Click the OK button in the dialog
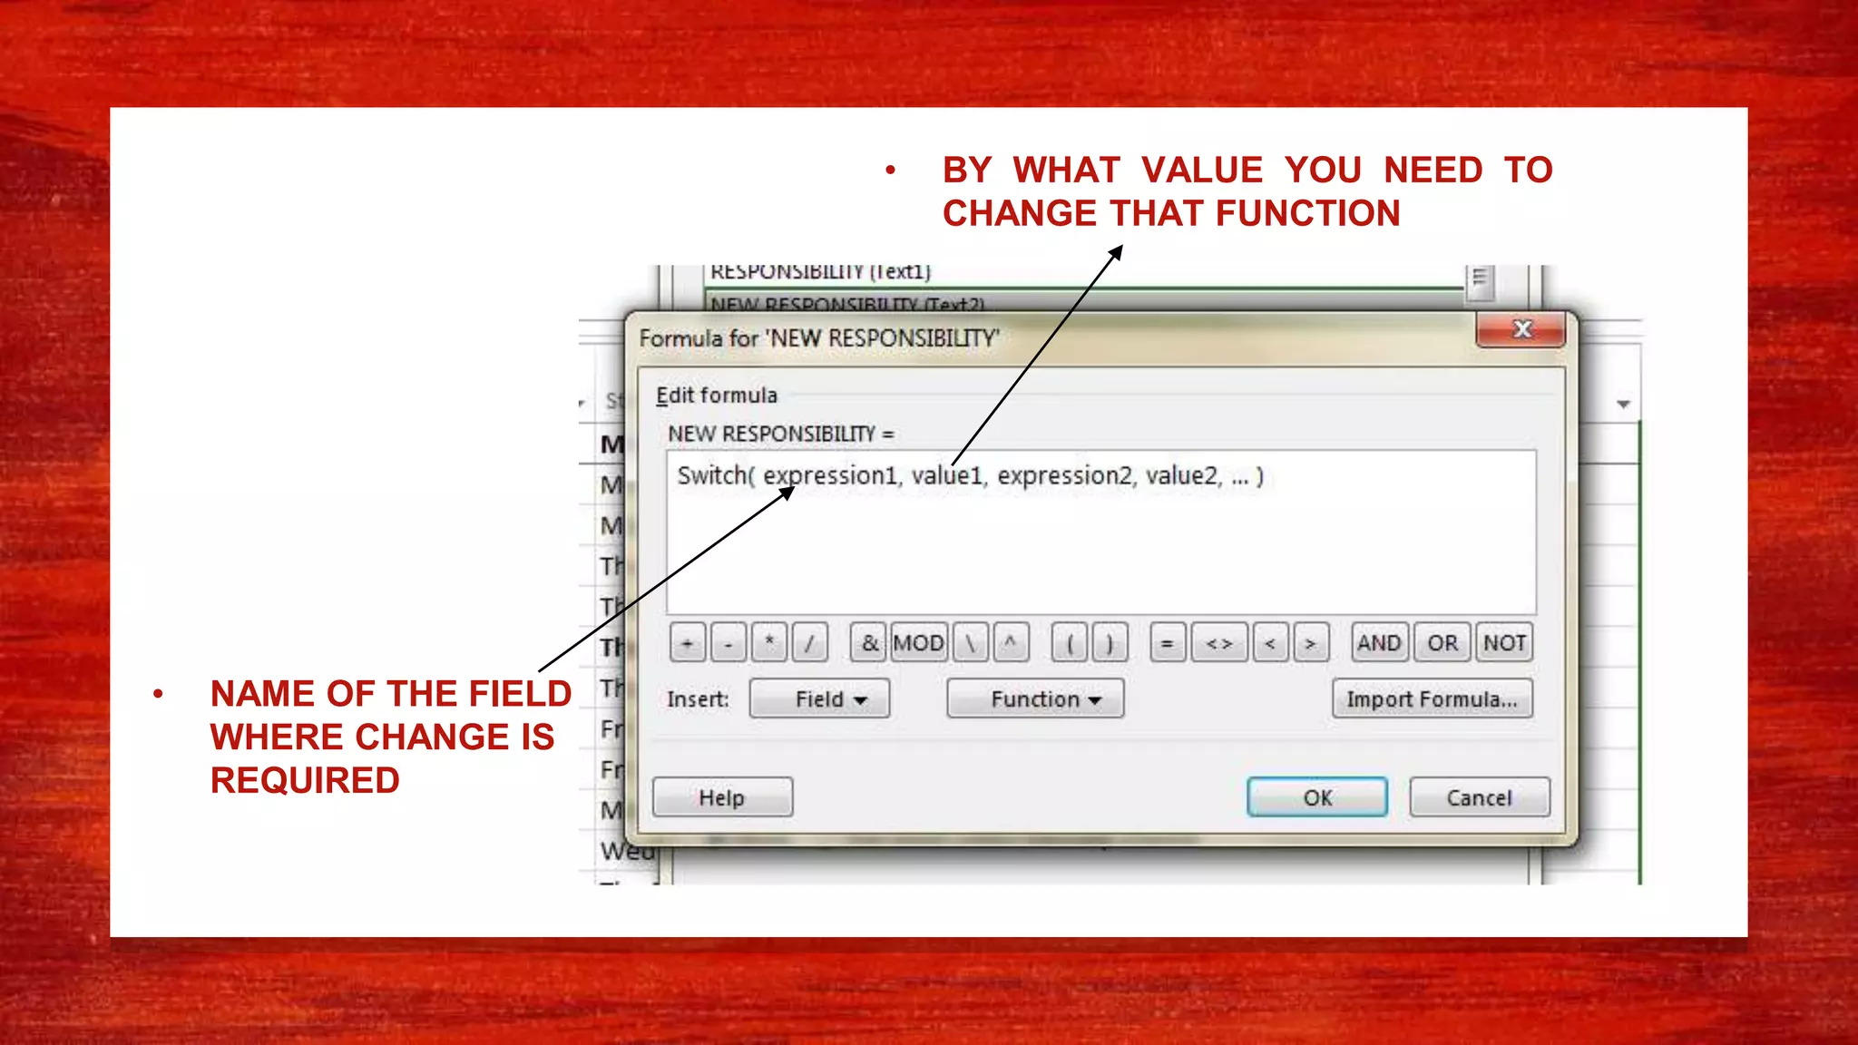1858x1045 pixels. coord(1316,797)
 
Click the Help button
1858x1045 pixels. coord(722,797)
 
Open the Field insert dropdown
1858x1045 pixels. coord(819,698)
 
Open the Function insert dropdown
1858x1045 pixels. coord(1035,698)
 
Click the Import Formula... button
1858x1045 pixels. coord(1432,698)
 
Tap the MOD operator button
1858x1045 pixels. coord(918,643)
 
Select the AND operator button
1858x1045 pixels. coord(1379,643)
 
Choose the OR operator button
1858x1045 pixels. coord(1442,643)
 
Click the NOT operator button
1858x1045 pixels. coord(1503,643)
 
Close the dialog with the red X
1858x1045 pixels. coord(1521,329)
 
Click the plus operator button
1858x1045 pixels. coord(688,643)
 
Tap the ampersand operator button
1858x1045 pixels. coord(869,643)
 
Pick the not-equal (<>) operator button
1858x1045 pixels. coord(1218,643)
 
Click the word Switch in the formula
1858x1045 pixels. coord(713,475)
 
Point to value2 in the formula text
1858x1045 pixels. coord(1182,475)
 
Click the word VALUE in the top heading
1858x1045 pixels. coord(1202,171)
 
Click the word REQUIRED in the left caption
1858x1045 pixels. coord(305,780)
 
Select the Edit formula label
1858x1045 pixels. coord(717,396)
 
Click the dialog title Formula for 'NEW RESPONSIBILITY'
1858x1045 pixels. coord(818,338)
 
